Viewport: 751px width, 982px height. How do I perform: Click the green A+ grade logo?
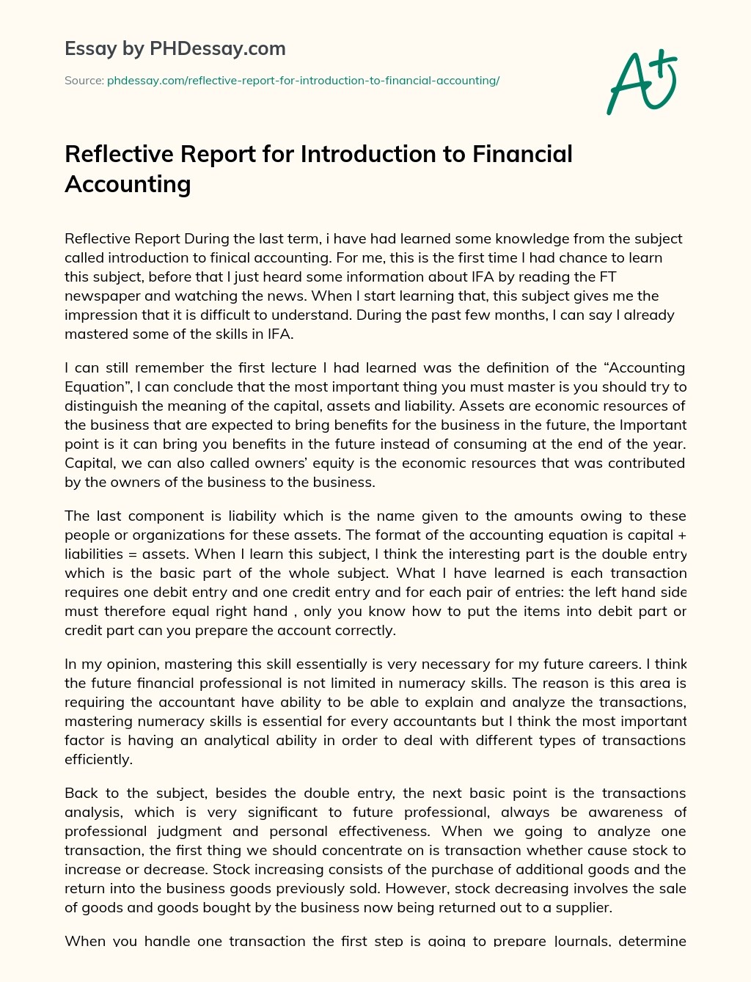pyautogui.click(x=641, y=82)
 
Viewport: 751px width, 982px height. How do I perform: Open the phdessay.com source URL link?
pyautogui.click(x=303, y=81)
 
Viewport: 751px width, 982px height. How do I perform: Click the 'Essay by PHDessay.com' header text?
pyautogui.click(x=175, y=49)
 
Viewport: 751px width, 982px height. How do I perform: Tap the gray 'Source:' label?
pyautogui.click(x=84, y=81)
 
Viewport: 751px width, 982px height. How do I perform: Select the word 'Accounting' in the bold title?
pyautogui.click(x=128, y=184)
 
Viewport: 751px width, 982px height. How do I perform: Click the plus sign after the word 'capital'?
pyautogui.click(x=682, y=535)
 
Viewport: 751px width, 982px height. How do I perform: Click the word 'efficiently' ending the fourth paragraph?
pyautogui.click(x=98, y=760)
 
